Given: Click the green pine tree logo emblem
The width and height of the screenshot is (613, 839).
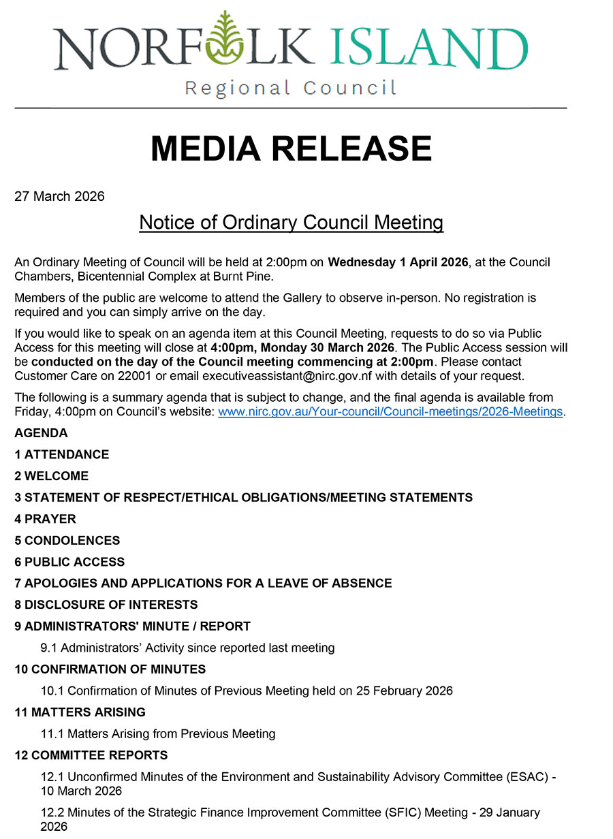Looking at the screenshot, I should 221,42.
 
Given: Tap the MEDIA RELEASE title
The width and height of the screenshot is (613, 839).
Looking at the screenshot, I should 291,148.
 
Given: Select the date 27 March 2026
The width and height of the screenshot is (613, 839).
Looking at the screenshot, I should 60,197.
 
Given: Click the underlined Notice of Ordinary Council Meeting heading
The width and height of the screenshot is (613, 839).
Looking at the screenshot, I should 291,222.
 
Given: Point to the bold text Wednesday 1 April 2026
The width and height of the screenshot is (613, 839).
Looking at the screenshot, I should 398,262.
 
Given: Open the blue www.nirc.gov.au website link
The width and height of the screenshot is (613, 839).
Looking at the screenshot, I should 391,411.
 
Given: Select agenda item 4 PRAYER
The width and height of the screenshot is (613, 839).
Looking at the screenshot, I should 46,519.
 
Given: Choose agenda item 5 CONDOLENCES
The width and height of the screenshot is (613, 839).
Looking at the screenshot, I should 67,541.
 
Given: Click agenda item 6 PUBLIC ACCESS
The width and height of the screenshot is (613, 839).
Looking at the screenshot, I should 70,562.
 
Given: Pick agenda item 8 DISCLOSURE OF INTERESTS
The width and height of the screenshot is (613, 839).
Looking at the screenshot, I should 106,605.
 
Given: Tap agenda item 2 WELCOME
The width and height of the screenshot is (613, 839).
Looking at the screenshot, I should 52,476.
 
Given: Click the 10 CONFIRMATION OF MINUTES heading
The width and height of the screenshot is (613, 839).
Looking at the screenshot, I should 110,669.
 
